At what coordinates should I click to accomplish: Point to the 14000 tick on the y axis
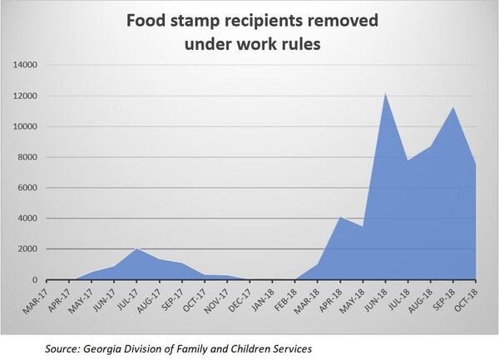pos(26,65)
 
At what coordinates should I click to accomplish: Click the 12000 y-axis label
pos(26,96)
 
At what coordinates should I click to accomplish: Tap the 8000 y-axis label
pos(28,157)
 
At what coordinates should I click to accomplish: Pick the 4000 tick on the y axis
pos(28,219)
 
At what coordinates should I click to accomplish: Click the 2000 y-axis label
pos(28,249)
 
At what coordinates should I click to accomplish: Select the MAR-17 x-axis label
pos(37,298)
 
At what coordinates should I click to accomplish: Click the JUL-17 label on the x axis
pos(127,298)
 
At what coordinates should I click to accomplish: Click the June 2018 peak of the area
pos(386,92)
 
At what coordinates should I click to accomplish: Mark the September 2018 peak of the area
pos(453,107)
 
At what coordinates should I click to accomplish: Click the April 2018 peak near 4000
pos(340,217)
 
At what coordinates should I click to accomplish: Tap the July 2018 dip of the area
pos(408,160)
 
